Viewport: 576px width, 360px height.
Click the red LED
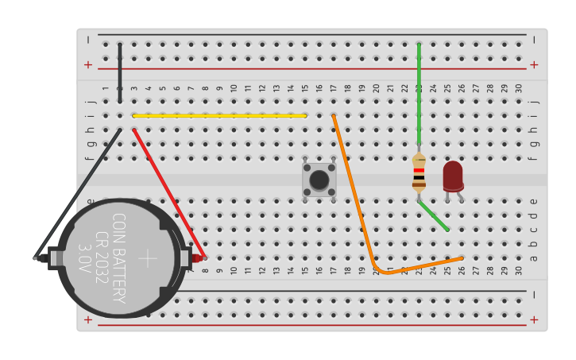point(453,176)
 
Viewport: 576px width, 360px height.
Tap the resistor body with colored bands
point(419,174)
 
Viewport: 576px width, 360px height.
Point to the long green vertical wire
point(419,95)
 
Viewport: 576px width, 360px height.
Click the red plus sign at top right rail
point(534,65)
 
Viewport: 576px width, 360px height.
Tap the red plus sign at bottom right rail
point(534,320)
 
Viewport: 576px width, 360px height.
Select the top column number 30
point(519,88)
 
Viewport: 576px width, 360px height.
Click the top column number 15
point(305,88)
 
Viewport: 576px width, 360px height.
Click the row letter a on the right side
point(534,257)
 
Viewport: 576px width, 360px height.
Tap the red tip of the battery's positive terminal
point(196,258)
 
